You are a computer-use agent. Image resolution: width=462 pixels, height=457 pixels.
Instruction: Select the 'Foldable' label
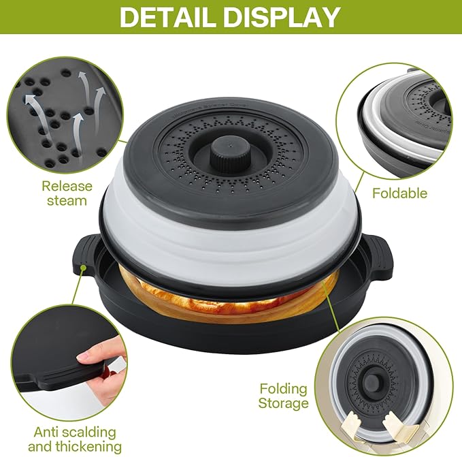399,193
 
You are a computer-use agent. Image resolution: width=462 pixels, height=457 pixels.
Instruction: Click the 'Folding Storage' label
284,396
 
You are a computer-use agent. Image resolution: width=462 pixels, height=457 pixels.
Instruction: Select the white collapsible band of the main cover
231,238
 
